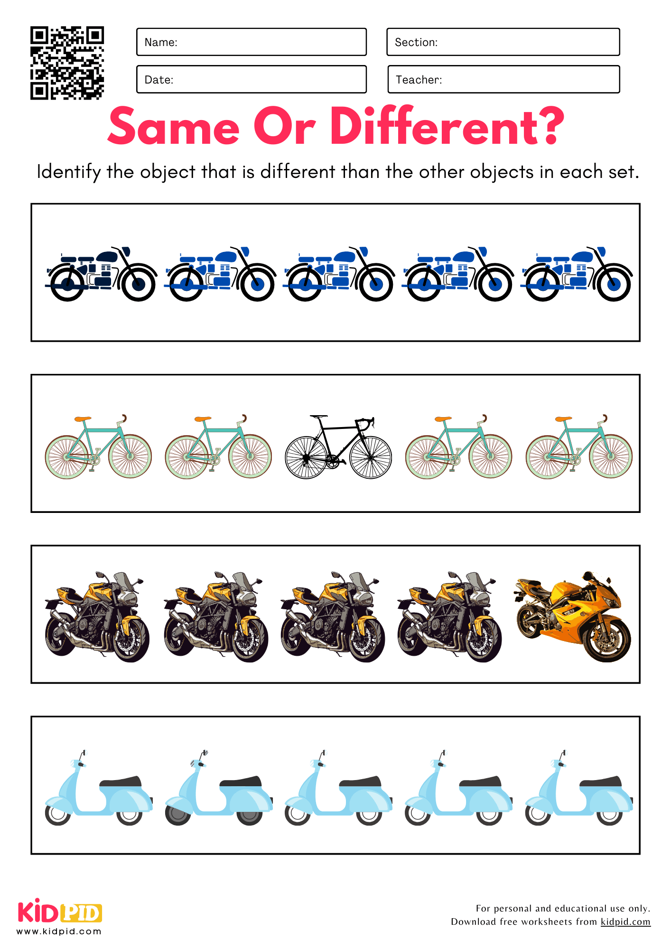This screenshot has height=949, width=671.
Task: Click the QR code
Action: [x=67, y=63]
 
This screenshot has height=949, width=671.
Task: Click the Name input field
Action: [x=251, y=42]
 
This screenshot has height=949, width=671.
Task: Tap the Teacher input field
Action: [x=503, y=80]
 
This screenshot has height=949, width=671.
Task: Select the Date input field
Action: [x=251, y=80]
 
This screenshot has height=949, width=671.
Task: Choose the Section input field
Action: [x=503, y=42]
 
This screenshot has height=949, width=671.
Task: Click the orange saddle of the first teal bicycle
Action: [x=83, y=419]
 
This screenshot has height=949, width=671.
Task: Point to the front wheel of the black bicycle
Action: [x=371, y=457]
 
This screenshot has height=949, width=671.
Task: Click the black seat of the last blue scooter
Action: [x=601, y=782]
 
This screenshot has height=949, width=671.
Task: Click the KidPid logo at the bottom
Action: [x=60, y=912]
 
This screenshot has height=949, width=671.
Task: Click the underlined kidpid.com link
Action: [x=625, y=921]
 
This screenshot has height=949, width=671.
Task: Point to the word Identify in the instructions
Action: [x=69, y=172]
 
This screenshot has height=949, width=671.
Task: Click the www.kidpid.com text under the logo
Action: [x=59, y=931]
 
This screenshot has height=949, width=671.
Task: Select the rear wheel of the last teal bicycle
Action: [x=547, y=457]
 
